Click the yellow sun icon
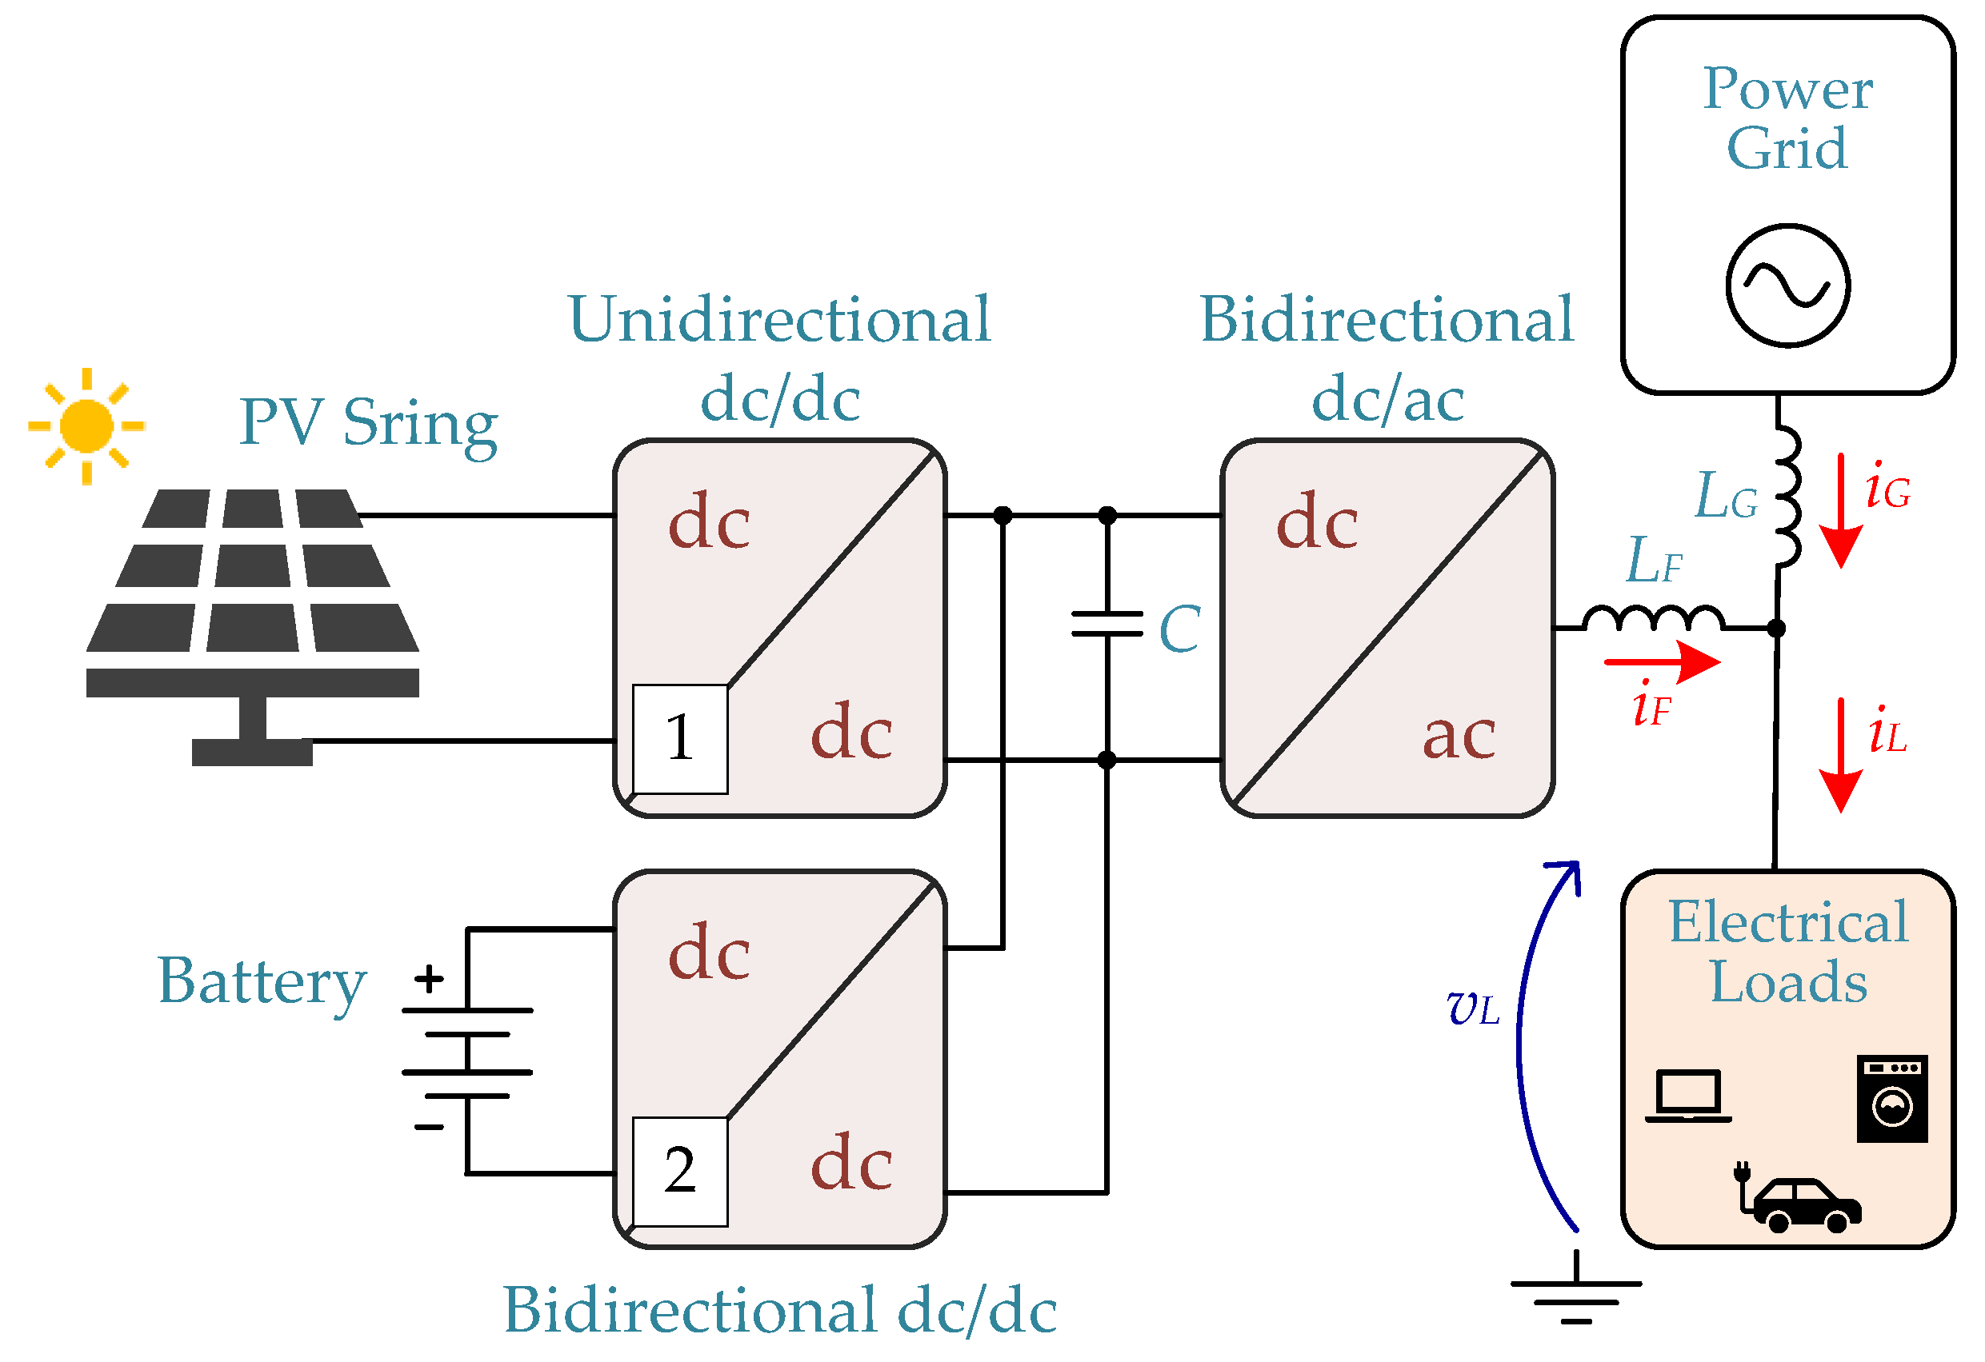pyautogui.click(x=86, y=426)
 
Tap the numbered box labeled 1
pyautogui.click(x=681, y=740)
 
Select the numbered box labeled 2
pyautogui.click(x=681, y=1172)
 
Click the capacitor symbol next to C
pyautogui.click(x=1107, y=624)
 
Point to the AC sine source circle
pyautogui.click(x=1787, y=286)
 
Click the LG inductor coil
pyautogui.click(x=1787, y=497)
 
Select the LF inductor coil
pyautogui.click(x=1653, y=618)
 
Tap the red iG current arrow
pyautogui.click(x=1841, y=510)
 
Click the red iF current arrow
pyautogui.click(x=1662, y=661)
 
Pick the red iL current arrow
pyautogui.click(x=1841, y=756)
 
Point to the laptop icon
pyautogui.click(x=1687, y=1096)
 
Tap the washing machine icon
pyautogui.click(x=1892, y=1099)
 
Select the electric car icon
pyautogui.click(x=1797, y=1197)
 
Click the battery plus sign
pyautogui.click(x=429, y=980)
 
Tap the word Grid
pyautogui.click(x=1787, y=149)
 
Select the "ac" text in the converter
pyautogui.click(x=1459, y=735)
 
